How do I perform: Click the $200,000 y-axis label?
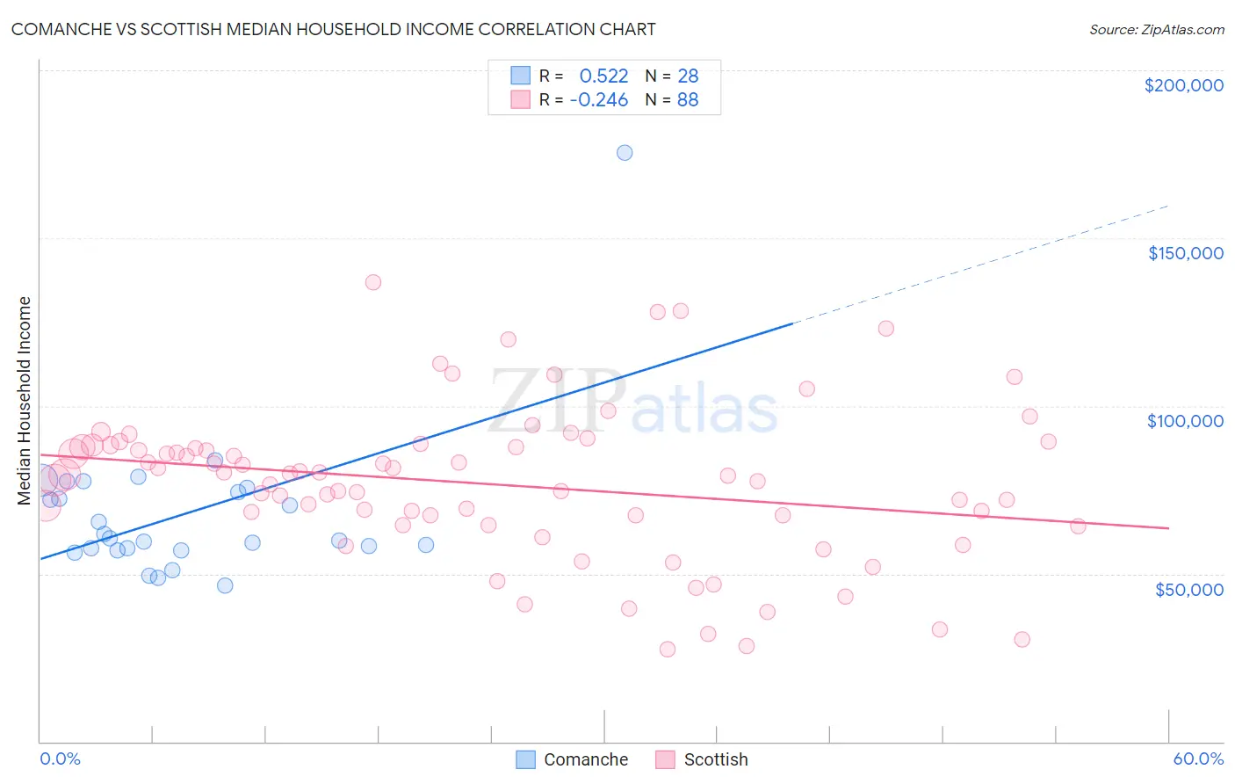click(x=1183, y=85)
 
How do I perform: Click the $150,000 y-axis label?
click(x=1185, y=253)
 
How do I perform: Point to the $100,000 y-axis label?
click(x=1185, y=421)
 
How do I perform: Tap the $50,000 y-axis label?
click(x=1188, y=589)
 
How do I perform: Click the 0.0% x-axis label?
click(x=60, y=759)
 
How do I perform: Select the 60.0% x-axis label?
click(x=1198, y=759)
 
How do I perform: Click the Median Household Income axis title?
click(x=24, y=401)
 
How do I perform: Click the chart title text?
click(x=333, y=29)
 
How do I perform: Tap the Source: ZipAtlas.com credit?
click(x=1156, y=30)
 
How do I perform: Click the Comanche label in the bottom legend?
click(x=586, y=759)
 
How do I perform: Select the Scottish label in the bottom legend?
click(x=716, y=759)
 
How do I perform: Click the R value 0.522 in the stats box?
click(x=603, y=76)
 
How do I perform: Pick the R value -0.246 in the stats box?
click(x=599, y=100)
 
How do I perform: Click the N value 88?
click(x=688, y=100)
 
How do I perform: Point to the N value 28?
click(x=688, y=76)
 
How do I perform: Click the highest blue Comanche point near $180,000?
click(x=625, y=153)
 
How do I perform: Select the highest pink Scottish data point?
click(x=373, y=282)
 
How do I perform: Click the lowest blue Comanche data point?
click(x=225, y=585)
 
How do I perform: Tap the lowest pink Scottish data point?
click(x=668, y=650)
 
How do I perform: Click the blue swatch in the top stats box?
click(x=521, y=76)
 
